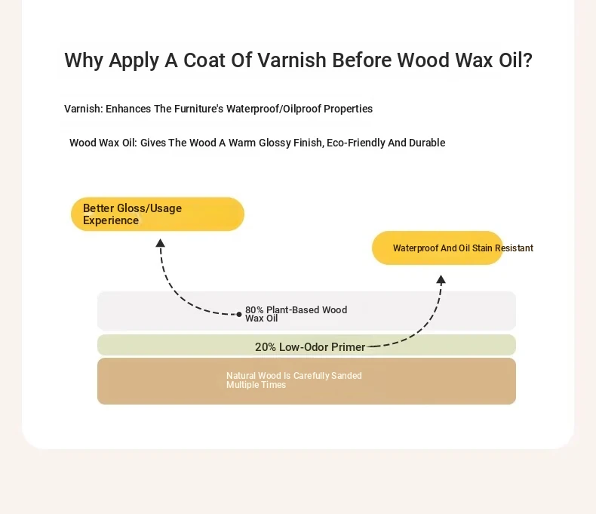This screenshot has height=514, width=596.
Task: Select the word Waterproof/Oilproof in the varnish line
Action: click(273, 109)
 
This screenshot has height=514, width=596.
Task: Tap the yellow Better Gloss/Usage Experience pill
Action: click(158, 214)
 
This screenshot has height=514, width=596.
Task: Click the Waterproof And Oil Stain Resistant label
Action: click(463, 248)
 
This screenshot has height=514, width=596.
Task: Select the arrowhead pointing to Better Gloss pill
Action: click(161, 243)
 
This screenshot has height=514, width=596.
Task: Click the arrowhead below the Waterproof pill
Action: click(441, 280)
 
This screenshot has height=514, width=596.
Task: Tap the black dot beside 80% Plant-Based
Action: click(238, 315)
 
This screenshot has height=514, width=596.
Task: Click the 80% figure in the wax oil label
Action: click(254, 310)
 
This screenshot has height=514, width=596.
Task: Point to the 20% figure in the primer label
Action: click(266, 347)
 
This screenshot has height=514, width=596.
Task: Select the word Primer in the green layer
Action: click(348, 347)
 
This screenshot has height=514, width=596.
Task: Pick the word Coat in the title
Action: click(204, 60)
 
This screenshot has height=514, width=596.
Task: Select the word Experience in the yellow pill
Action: click(111, 220)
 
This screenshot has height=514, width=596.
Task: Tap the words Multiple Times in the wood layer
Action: click(256, 385)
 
